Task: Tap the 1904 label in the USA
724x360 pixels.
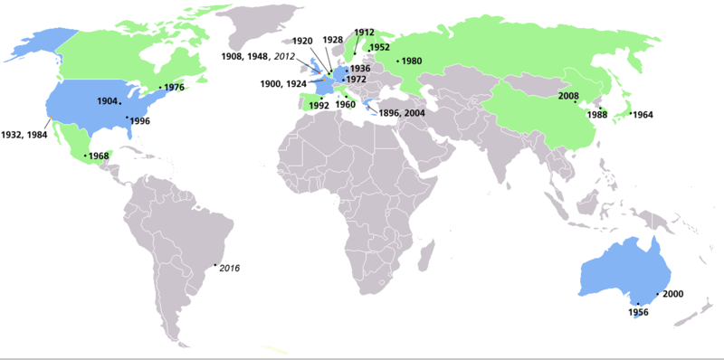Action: coord(107,101)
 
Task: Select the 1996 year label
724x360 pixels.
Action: coord(139,120)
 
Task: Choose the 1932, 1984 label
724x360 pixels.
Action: coord(24,134)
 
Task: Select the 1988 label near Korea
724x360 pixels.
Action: coord(596,115)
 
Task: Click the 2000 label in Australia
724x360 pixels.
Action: coord(672,295)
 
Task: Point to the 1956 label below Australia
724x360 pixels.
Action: coord(639,312)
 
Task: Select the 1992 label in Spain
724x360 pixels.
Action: coord(318,106)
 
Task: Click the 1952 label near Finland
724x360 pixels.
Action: coord(380,47)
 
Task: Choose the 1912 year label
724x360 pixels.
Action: coord(365,33)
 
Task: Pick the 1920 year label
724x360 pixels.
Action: coord(302,41)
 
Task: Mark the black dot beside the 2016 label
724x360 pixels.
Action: coord(214,265)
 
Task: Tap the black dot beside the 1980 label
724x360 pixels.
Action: coord(397,62)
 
